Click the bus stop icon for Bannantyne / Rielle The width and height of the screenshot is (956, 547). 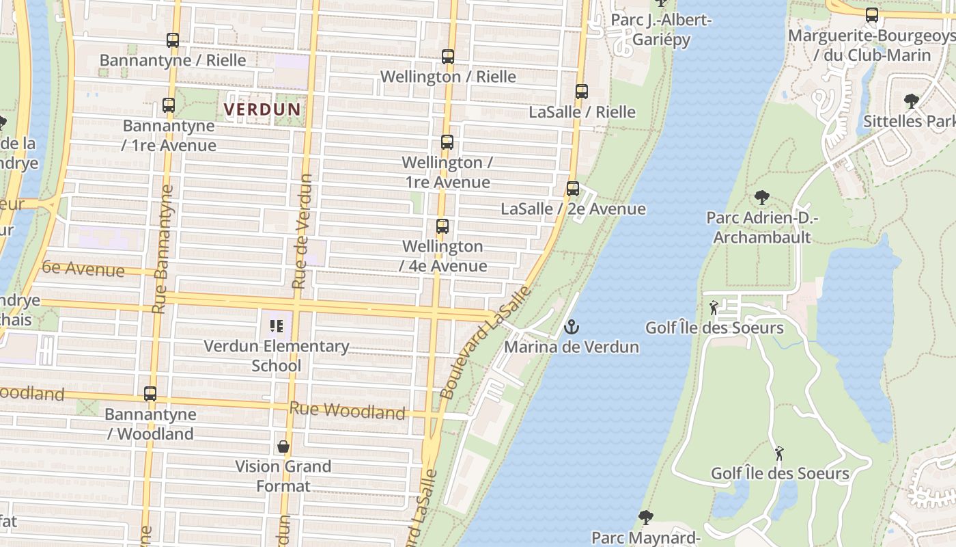[173, 40]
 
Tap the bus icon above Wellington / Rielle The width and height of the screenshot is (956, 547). [448, 57]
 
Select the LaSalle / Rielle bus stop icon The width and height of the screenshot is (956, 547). [581, 92]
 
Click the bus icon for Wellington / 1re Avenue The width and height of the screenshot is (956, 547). [447, 142]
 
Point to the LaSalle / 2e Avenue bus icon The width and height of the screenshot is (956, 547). [573, 189]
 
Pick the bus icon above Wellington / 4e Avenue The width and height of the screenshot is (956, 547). [442, 226]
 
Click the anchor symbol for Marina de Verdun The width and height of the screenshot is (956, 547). [571, 328]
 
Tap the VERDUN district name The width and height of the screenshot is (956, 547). [262, 109]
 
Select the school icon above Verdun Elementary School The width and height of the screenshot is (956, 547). [277, 326]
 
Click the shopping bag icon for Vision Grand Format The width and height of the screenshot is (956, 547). [283, 447]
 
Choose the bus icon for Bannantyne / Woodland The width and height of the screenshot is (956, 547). [150, 394]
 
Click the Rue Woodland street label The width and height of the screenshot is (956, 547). [347, 411]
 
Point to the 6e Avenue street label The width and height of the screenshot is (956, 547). [83, 269]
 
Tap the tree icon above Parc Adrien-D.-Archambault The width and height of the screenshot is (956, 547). [762, 198]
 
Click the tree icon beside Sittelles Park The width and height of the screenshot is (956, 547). [911, 102]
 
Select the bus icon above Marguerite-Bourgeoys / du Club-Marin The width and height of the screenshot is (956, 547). [872, 15]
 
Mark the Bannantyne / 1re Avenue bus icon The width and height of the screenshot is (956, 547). [169, 105]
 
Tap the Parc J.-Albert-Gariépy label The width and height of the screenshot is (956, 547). [661, 29]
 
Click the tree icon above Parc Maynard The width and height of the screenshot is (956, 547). [646, 518]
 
